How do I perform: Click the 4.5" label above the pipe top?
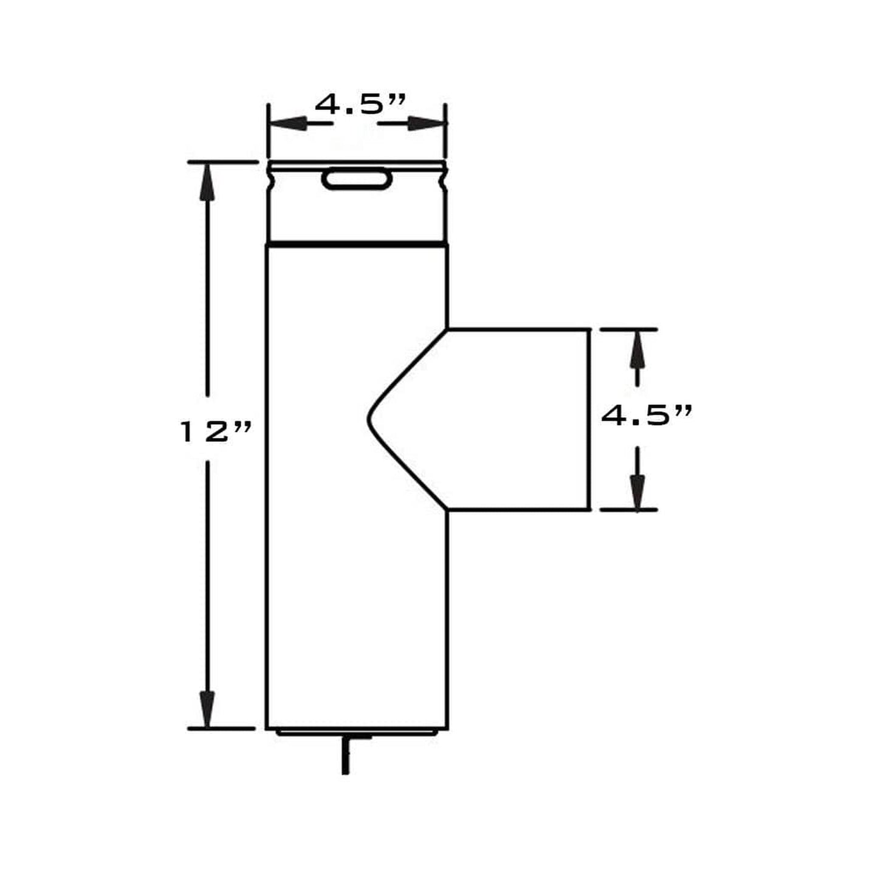(360, 105)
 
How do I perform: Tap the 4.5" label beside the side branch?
(646, 416)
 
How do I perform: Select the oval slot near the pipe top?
(357, 179)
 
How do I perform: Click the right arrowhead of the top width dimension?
(426, 123)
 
